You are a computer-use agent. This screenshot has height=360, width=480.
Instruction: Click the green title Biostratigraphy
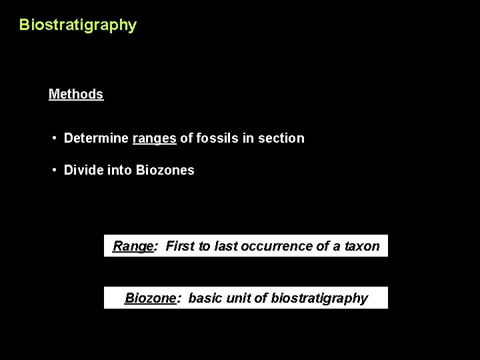(77, 25)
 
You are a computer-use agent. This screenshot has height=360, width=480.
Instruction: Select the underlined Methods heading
(76, 94)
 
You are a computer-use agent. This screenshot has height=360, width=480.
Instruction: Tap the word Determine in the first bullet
(96, 138)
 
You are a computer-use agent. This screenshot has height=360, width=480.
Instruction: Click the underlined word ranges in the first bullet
(155, 138)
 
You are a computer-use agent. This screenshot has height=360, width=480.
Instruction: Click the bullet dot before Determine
(55, 138)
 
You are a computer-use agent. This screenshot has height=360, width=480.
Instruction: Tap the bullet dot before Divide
(55, 170)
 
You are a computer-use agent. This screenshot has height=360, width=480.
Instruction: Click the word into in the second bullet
(119, 170)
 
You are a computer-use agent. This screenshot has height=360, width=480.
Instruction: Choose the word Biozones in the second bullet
(165, 170)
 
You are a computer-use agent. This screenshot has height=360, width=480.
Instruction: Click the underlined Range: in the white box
(135, 246)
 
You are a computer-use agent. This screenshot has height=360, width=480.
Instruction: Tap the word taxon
(362, 246)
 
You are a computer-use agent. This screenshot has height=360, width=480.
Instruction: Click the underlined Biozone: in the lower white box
(153, 298)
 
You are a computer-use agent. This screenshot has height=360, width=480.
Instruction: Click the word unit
(238, 298)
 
